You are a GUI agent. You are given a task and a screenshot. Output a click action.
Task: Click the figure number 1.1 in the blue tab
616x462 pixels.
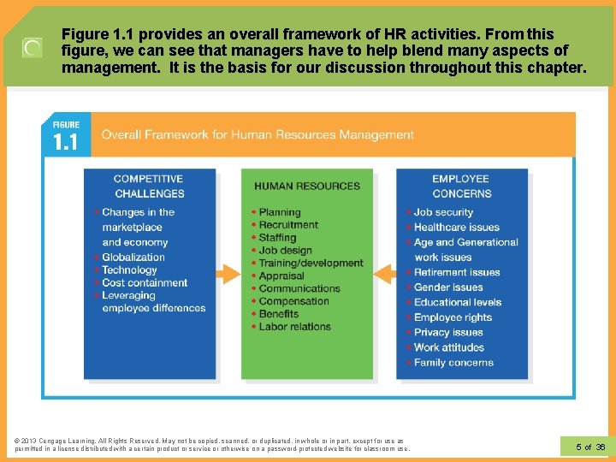coord(66,140)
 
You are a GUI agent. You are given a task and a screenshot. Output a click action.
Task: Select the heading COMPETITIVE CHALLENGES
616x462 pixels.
coord(149,186)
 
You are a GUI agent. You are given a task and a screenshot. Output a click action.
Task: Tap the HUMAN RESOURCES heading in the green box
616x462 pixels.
coord(307,186)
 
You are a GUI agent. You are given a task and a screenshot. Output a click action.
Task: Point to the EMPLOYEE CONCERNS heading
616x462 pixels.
coord(461,186)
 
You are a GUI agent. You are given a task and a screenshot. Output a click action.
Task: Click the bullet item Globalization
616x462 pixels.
coord(133,257)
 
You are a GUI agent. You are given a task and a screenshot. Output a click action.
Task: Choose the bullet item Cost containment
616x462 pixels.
coord(144,282)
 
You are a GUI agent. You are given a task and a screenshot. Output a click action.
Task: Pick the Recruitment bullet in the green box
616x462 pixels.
coord(288,225)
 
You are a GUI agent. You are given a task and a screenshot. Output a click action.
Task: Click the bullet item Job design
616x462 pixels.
coord(285,251)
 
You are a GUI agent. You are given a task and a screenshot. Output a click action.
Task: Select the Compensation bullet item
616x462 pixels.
coord(294,301)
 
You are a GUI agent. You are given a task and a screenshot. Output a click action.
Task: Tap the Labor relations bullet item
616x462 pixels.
coord(294,326)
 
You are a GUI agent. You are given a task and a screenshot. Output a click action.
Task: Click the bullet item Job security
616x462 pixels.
coord(443,212)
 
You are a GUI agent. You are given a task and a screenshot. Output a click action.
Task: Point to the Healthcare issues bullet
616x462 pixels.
coord(456,227)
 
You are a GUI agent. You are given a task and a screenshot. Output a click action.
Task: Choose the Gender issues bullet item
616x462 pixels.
coord(448,287)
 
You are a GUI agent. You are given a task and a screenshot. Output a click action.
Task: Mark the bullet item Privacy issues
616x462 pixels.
coord(448,332)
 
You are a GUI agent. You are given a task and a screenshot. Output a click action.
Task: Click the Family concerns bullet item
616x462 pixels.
coord(453,362)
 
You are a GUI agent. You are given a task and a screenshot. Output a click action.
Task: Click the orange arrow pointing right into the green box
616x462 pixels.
coord(227,275)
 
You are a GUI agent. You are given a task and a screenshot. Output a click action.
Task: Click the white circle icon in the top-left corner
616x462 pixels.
coord(32,48)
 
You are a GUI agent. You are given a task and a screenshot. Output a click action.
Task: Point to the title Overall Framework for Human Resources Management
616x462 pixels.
coord(258,134)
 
